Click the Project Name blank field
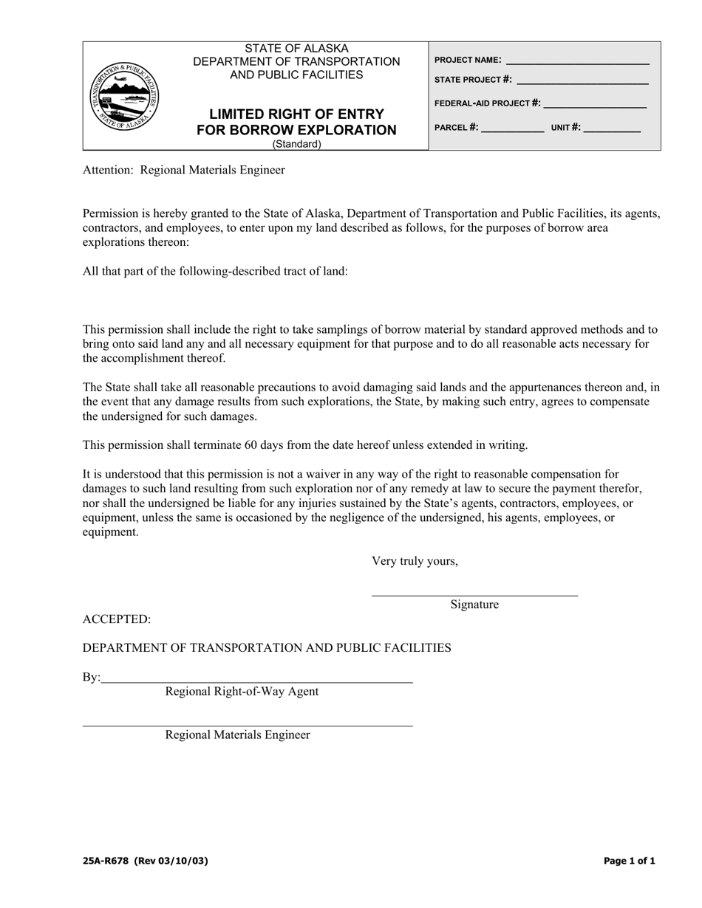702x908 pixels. [577, 61]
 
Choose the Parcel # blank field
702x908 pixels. [512, 128]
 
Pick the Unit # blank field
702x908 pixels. [613, 128]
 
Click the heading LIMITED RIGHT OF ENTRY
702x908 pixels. [296, 114]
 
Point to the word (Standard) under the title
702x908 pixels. [296, 145]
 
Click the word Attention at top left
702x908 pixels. [108, 171]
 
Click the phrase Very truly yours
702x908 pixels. [415, 561]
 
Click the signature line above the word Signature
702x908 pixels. [474, 594]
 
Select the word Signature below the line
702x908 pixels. [474, 605]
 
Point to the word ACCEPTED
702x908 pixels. [117, 619]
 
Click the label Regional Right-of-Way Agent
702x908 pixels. [242, 692]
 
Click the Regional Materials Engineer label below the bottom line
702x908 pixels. [237, 735]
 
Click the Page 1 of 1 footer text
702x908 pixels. [629, 861]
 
